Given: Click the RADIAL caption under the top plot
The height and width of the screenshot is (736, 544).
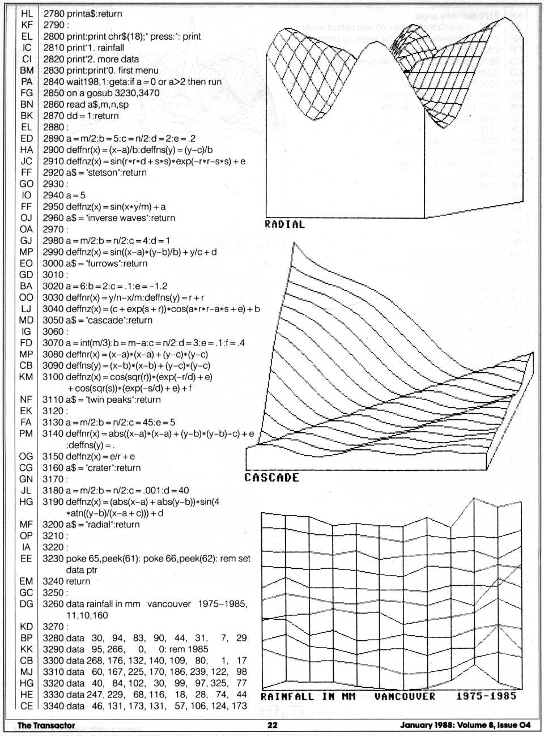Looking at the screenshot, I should pyautogui.click(x=284, y=224).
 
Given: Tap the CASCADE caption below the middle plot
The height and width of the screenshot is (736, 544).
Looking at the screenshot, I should pyautogui.click(x=271, y=477).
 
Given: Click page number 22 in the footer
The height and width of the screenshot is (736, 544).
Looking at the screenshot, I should pyautogui.click(x=272, y=725).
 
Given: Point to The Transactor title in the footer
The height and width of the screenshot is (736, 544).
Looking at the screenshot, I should pyautogui.click(x=46, y=725).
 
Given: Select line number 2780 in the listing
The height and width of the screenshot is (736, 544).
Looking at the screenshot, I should pyautogui.click(x=53, y=14).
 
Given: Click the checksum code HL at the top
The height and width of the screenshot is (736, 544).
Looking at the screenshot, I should pyautogui.click(x=27, y=14).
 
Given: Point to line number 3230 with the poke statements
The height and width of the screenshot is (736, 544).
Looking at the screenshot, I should pyautogui.click(x=53, y=559).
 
